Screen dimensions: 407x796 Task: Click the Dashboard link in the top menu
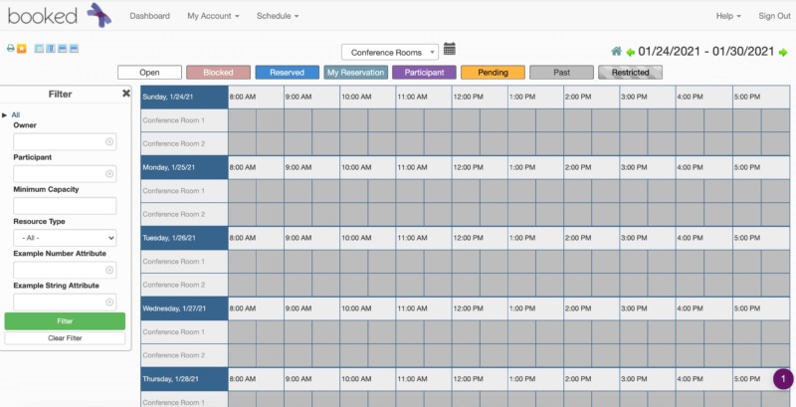pyautogui.click(x=149, y=16)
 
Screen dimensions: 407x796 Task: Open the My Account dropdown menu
pyautogui.click(x=213, y=16)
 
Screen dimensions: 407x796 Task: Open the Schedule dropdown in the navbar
pyautogui.click(x=280, y=16)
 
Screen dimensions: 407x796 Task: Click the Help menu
pyautogui.click(x=728, y=16)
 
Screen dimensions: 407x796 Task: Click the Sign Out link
pyautogui.click(x=774, y=16)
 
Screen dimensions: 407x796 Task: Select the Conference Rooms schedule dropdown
pyautogui.click(x=389, y=52)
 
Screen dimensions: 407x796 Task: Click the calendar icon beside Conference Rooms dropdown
pyautogui.click(x=450, y=49)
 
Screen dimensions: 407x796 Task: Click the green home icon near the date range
pyautogui.click(x=617, y=52)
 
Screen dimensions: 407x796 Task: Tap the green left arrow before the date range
pyautogui.click(x=630, y=52)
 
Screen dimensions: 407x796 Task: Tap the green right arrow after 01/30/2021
pyautogui.click(x=784, y=52)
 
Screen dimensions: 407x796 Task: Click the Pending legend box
pyautogui.click(x=493, y=73)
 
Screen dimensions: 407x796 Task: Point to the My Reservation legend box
pyautogui.click(x=355, y=73)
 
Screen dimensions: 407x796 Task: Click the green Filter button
pyautogui.click(x=65, y=321)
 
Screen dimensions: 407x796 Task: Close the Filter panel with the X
pyautogui.click(x=126, y=94)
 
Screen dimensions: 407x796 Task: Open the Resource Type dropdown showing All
pyautogui.click(x=65, y=238)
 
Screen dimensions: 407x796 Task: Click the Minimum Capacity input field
pyautogui.click(x=65, y=206)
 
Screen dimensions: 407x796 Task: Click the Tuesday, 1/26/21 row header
pyautogui.click(x=184, y=238)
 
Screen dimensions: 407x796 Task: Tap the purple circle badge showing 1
pyautogui.click(x=783, y=379)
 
